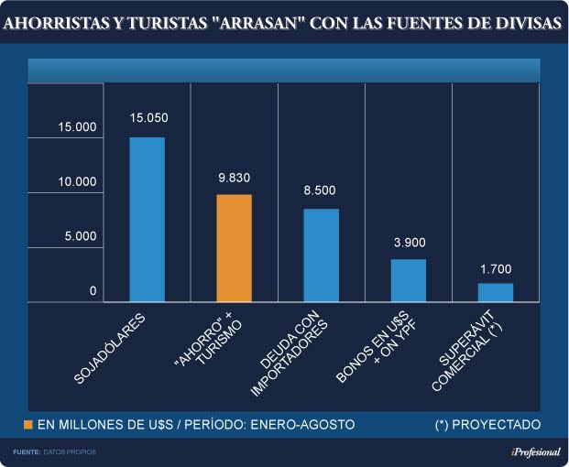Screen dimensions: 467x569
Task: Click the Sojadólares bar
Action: [147, 220]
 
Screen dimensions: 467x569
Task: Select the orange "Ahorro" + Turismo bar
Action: [234, 248]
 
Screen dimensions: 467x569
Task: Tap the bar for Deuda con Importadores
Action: [321, 255]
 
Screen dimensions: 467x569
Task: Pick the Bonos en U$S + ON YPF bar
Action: [409, 280]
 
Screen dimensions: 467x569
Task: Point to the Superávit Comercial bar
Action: [496, 292]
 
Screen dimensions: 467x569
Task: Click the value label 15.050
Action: [148, 119]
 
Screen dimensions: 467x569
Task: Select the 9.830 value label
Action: [234, 177]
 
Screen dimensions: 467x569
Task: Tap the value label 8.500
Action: [320, 190]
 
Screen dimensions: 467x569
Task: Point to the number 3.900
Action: [409, 242]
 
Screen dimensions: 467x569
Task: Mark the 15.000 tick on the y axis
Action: [77, 127]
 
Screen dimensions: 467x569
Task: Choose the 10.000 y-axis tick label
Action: [77, 182]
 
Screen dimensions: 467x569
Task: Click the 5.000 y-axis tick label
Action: [80, 236]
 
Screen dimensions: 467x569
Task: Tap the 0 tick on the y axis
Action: [93, 291]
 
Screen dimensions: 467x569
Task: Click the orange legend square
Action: [28, 425]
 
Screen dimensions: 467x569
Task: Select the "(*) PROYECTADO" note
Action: [487, 425]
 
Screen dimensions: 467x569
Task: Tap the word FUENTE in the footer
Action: [26, 452]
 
